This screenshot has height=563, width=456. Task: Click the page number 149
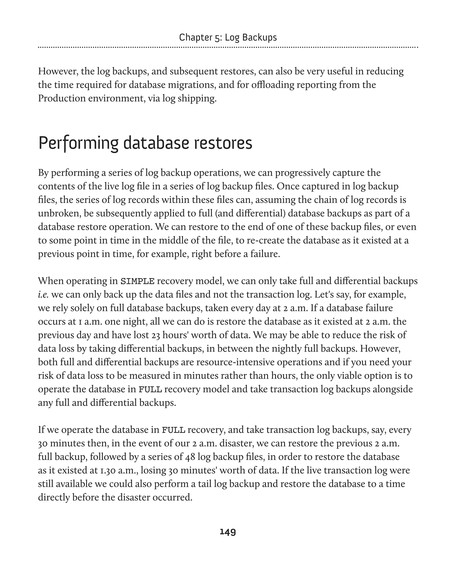[228, 532]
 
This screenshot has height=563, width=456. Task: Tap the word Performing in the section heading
[79, 143]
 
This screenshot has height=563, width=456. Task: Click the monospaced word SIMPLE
[137, 281]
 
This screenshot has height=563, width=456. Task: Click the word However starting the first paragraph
[58, 71]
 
